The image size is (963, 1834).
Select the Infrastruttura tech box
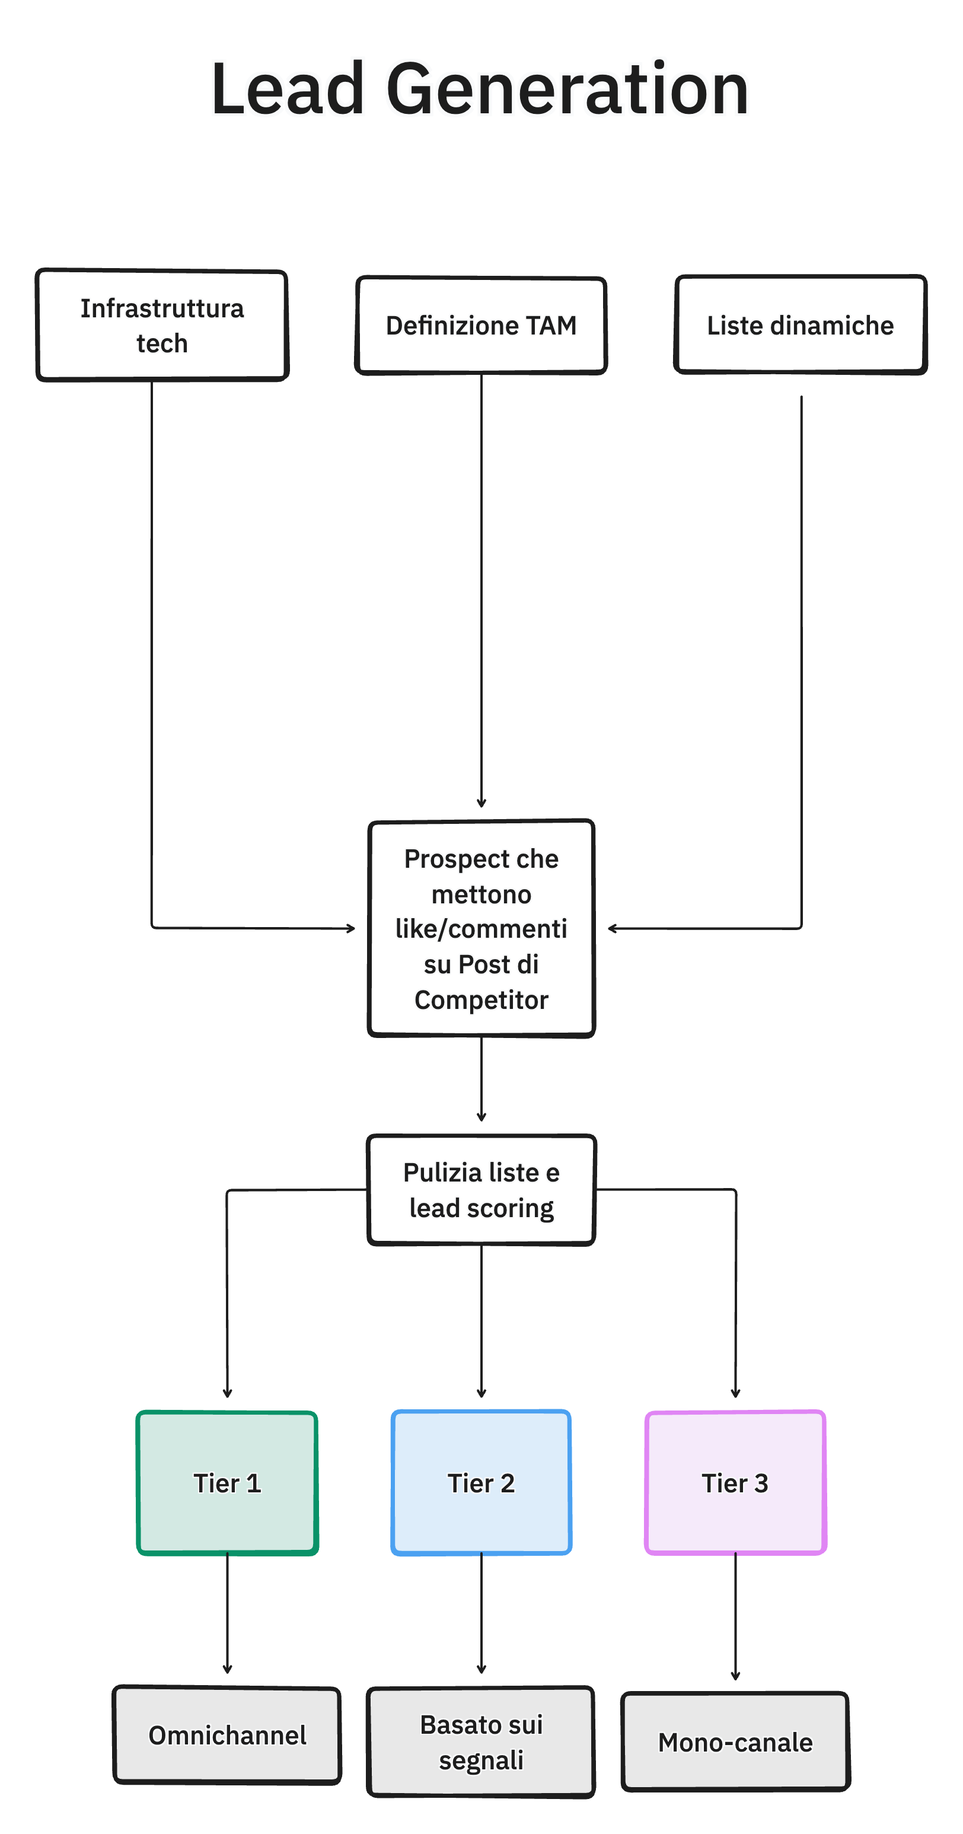coord(162,326)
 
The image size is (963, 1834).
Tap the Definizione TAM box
coord(481,326)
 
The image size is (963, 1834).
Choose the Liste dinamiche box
coord(800,326)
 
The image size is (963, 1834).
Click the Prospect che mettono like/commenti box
coord(481,928)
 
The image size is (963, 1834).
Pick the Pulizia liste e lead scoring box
coord(481,1190)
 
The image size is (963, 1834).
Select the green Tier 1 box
coord(227,1482)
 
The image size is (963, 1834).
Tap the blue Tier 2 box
coord(481,1482)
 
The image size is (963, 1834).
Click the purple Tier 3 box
coord(735,1482)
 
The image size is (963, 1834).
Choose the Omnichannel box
coord(227,1735)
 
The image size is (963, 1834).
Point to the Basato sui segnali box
coord(481,1742)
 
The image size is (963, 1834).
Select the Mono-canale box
coord(735,1742)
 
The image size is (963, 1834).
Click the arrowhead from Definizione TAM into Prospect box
coord(481,803)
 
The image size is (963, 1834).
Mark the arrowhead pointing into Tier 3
coord(735,1393)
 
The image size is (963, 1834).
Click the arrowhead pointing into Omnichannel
coord(227,1670)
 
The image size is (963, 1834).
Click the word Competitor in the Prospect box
coord(481,1000)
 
